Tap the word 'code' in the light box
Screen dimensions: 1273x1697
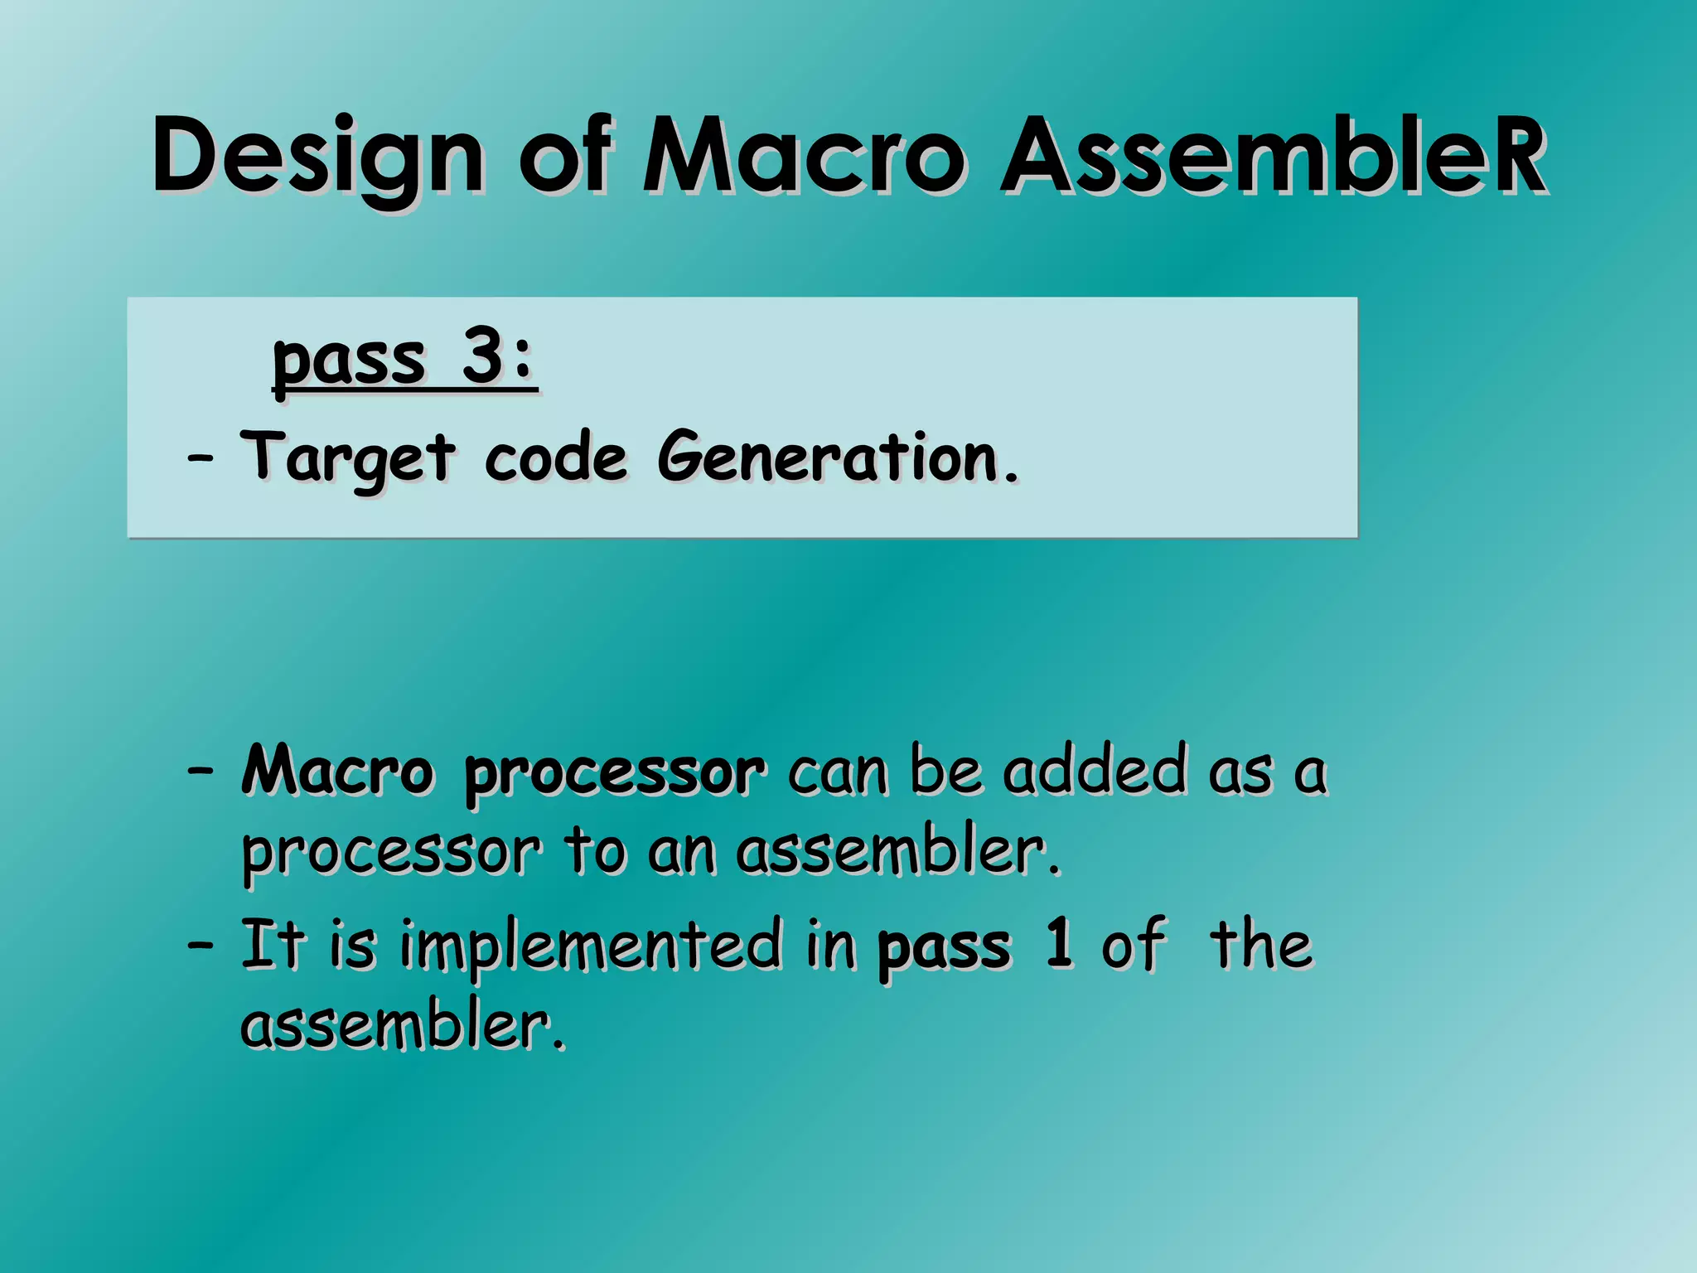[555, 458]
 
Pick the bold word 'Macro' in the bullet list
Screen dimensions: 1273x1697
[337, 771]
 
